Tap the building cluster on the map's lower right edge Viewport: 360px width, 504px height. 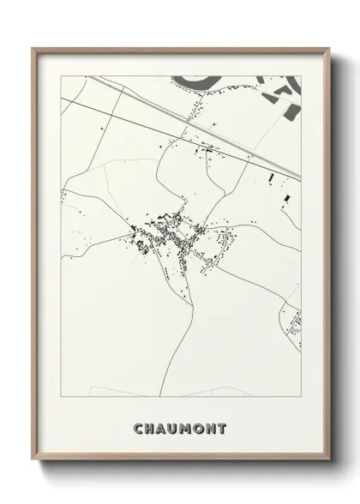(295, 324)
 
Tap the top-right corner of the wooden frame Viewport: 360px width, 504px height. (327, 49)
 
